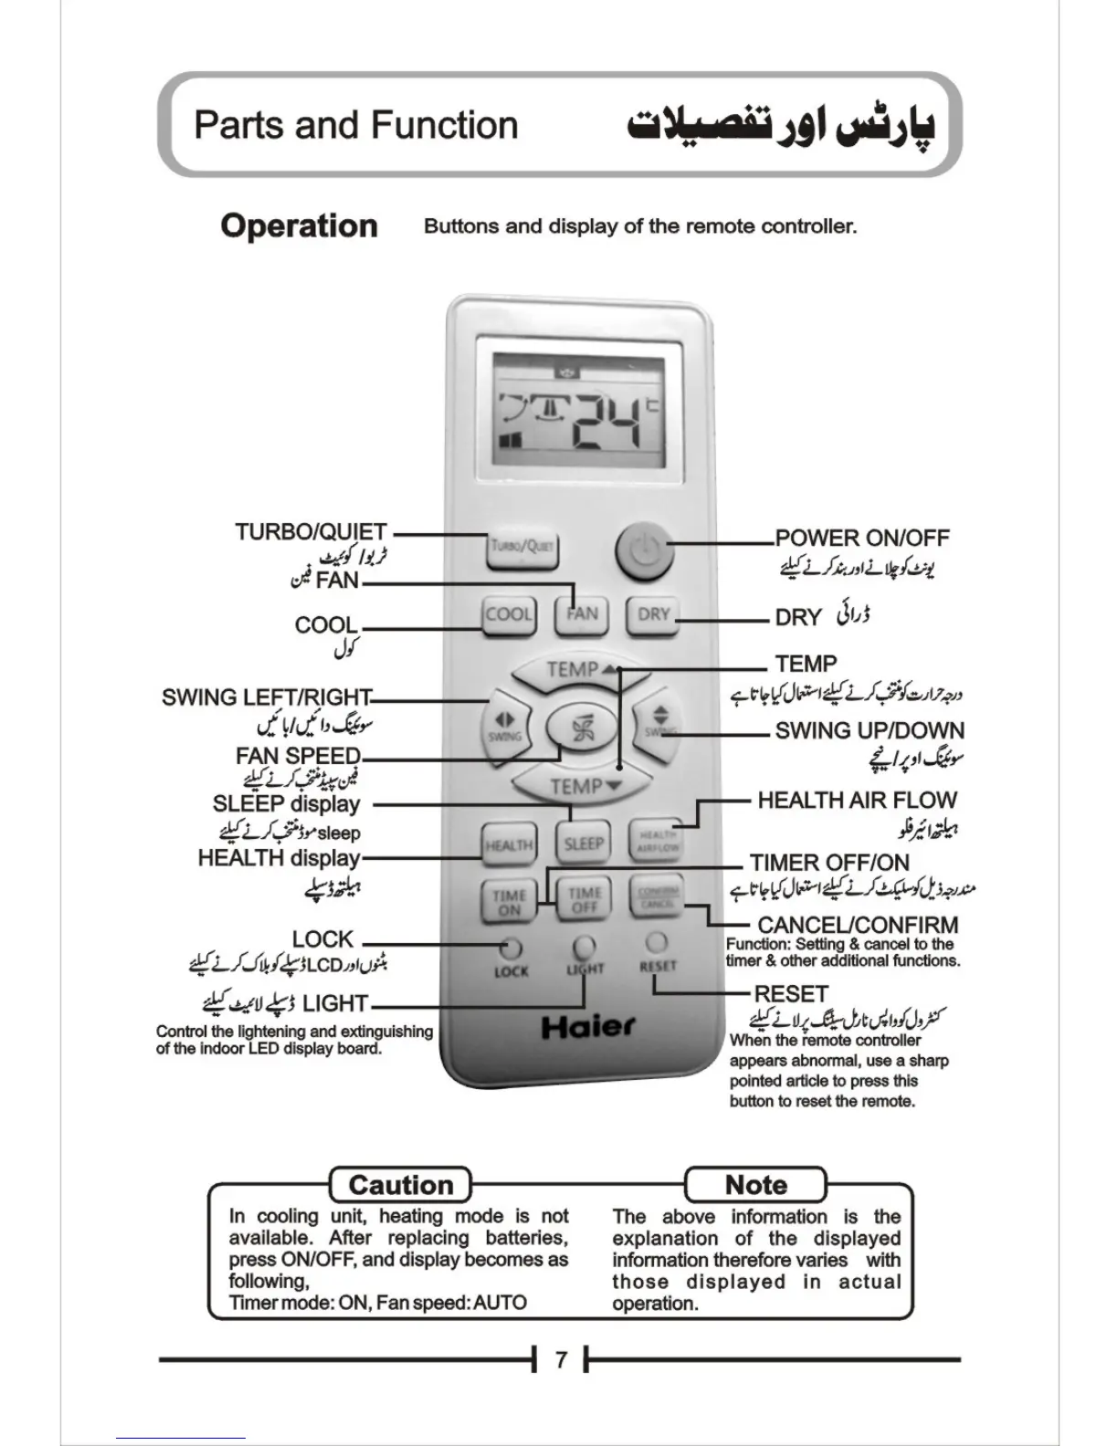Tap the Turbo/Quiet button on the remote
(x=522, y=548)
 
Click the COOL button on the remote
(x=508, y=614)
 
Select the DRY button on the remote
(x=653, y=614)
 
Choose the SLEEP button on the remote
(x=583, y=843)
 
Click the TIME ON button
(x=509, y=902)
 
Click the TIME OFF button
(x=584, y=901)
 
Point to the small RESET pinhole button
(x=656, y=941)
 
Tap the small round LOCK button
(x=511, y=947)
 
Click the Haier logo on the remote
(x=587, y=1027)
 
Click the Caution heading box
(x=401, y=1185)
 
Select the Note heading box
(x=755, y=1185)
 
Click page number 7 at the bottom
(x=561, y=1359)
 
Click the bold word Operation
(x=299, y=225)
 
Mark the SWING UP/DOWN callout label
(x=870, y=730)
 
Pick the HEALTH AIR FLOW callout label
(x=857, y=801)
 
